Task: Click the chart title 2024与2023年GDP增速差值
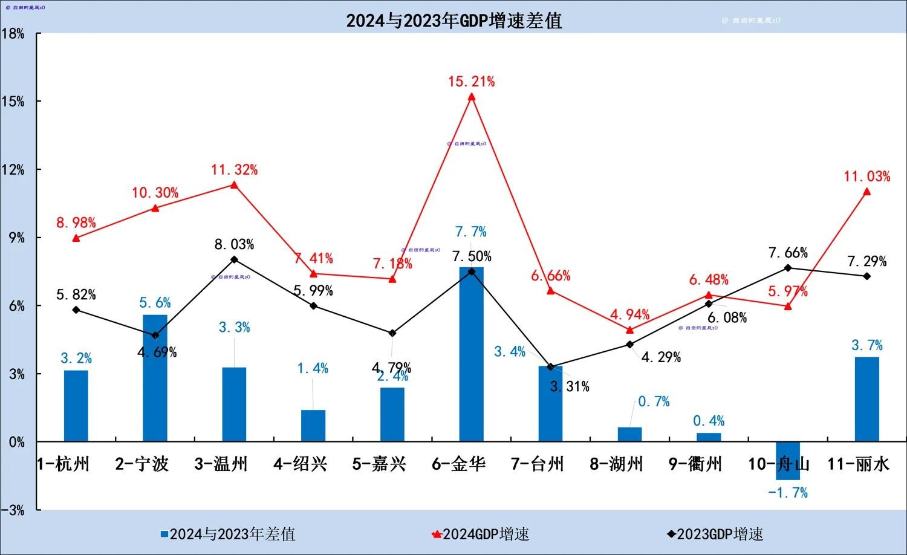click(453, 21)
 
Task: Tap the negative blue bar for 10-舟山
click(788, 461)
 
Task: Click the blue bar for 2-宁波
click(155, 378)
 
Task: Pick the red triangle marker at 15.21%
click(472, 97)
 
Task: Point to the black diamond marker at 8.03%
click(234, 259)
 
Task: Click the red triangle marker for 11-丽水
click(866, 192)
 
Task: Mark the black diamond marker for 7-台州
click(550, 367)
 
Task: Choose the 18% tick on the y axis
click(13, 34)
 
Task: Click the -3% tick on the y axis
click(13, 510)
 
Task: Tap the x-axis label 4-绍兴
click(300, 464)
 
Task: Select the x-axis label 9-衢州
click(695, 464)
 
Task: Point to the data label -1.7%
click(787, 493)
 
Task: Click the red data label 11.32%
click(234, 170)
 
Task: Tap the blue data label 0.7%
click(654, 401)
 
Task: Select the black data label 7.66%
click(788, 253)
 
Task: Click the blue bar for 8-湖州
click(629, 435)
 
